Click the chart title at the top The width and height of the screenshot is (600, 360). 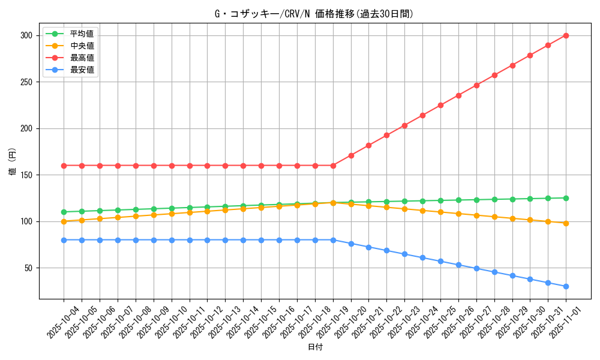point(314,14)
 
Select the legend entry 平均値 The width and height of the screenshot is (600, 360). point(82,34)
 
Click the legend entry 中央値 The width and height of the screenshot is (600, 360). point(82,46)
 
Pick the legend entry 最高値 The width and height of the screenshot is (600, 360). point(82,58)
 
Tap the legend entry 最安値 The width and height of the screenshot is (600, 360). point(82,70)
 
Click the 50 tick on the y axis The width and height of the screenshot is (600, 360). point(28,268)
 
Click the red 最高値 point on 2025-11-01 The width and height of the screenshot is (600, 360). point(566,35)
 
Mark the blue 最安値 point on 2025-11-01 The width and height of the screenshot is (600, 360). point(566,286)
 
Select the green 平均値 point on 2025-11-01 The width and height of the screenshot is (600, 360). point(566,198)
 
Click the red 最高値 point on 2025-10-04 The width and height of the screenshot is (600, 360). point(64,166)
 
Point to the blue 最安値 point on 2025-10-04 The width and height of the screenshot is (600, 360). point(64,240)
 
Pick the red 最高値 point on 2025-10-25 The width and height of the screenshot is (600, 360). point(440,105)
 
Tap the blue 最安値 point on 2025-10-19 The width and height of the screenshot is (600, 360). point(333,240)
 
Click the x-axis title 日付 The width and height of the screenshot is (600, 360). point(314,347)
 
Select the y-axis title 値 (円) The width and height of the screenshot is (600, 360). point(13,163)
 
